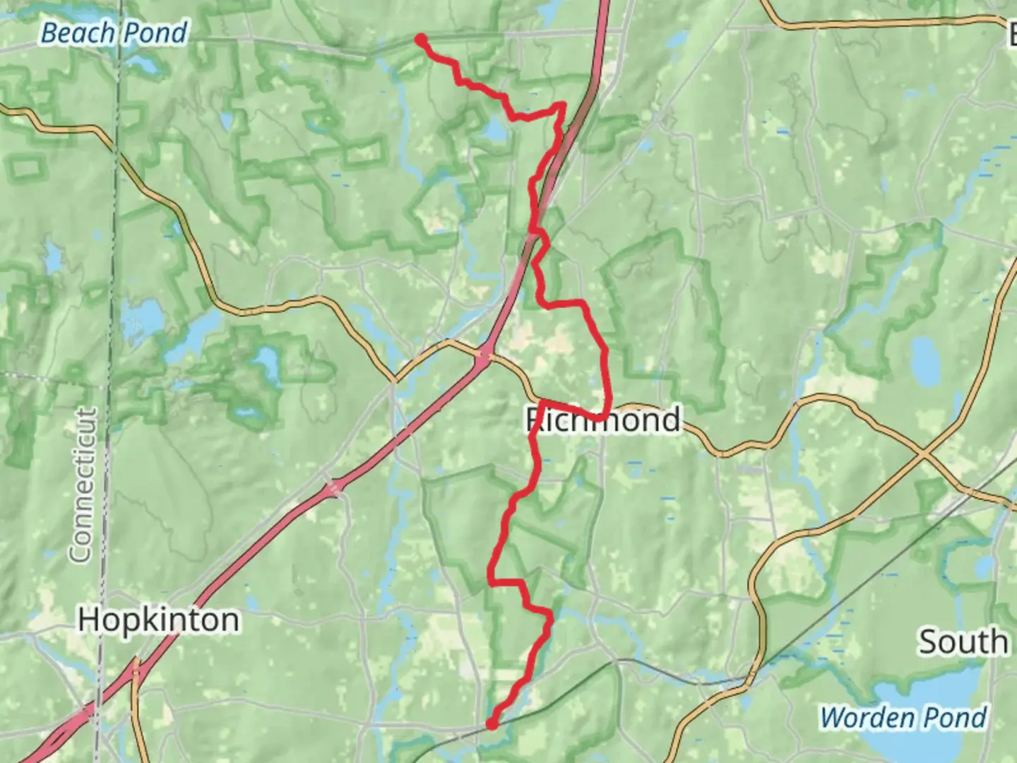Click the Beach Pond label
point(114,33)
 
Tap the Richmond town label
point(603,420)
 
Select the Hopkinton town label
point(158,620)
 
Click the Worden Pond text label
point(903,718)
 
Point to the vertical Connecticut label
point(83,485)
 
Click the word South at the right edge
point(963,642)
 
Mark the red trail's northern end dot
point(421,40)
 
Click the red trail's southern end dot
point(492,723)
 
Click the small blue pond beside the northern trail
point(494,130)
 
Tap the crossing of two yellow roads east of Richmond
point(925,452)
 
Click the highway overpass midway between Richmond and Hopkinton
point(332,487)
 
